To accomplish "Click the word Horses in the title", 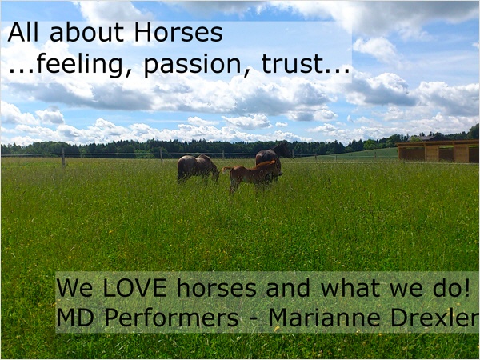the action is pos(178,33).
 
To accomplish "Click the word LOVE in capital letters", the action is pos(135,288).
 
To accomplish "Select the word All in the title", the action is pos(23,33).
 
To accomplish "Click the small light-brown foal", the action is pos(252,176).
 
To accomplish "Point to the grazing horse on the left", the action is pos(198,168).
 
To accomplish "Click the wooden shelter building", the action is pos(438,151).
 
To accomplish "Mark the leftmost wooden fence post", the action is pos(63,158).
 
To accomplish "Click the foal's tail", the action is pos(226,169).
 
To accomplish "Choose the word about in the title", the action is pos(86,33).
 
